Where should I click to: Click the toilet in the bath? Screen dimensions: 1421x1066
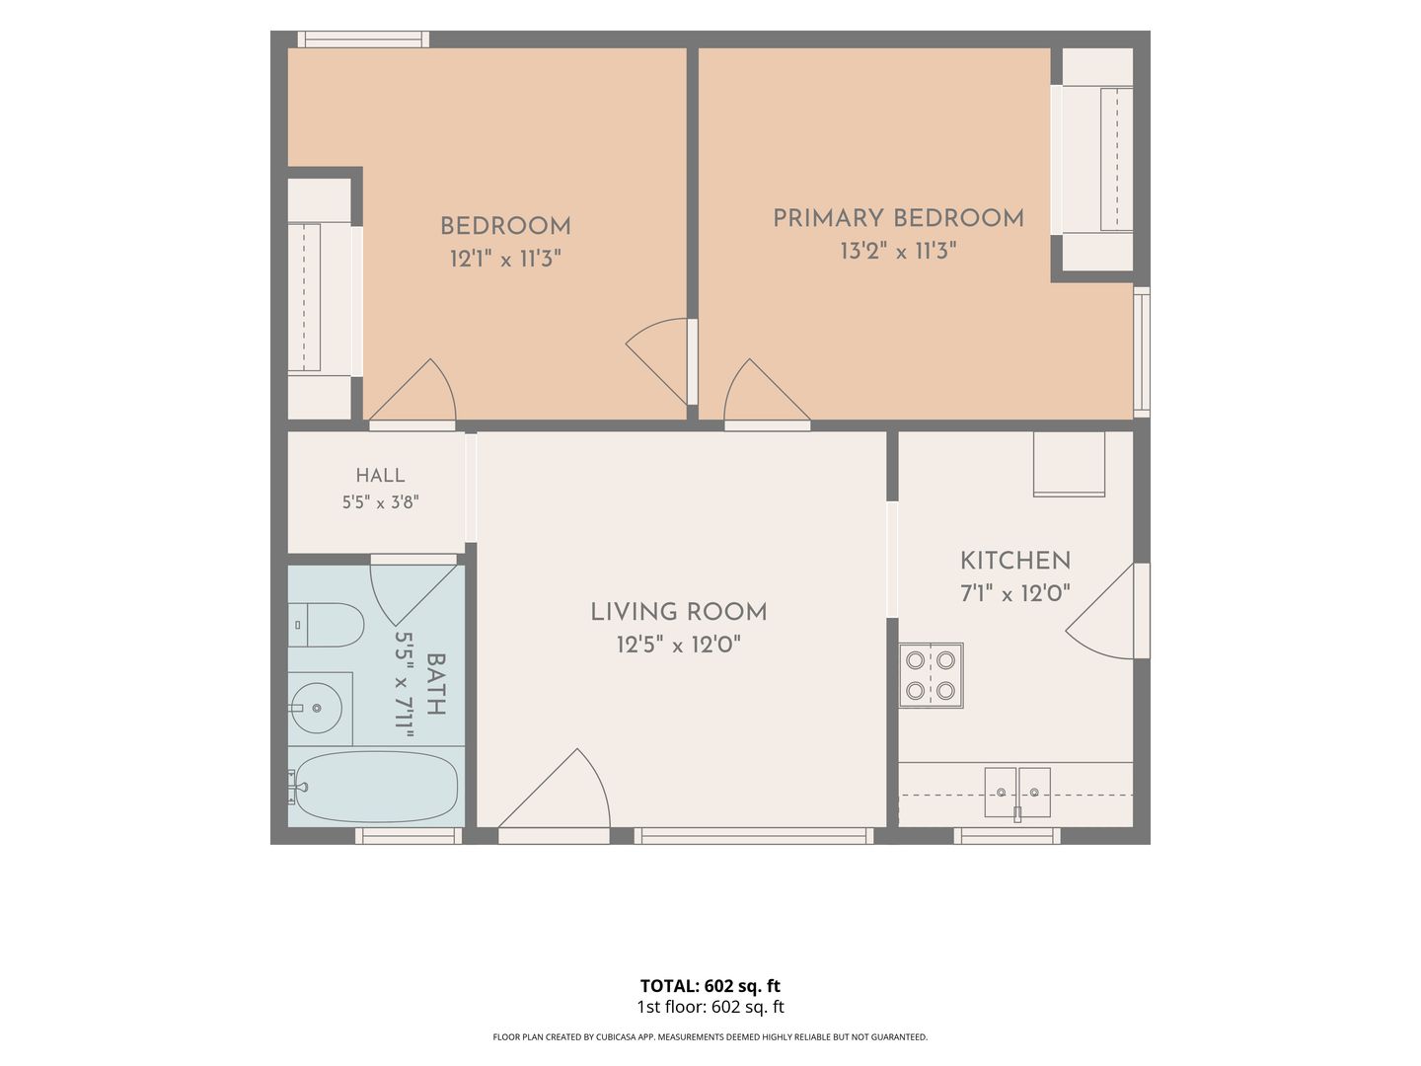(326, 625)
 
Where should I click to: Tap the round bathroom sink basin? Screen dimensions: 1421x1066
(316, 708)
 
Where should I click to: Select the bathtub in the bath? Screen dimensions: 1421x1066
(374, 787)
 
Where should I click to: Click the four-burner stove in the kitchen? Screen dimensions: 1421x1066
(931, 675)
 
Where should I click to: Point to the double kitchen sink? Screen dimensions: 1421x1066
(1017, 793)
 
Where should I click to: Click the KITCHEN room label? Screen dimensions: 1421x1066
(1015, 561)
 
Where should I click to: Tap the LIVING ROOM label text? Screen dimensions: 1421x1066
(679, 612)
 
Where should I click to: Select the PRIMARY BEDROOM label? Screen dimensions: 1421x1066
(899, 218)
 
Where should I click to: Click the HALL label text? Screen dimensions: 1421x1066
(380, 475)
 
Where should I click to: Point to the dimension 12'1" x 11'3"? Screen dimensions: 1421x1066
(505, 259)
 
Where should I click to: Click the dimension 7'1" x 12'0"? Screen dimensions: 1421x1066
(1015, 593)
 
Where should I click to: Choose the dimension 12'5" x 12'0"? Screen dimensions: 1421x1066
(679, 645)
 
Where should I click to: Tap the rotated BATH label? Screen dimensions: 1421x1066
(436, 684)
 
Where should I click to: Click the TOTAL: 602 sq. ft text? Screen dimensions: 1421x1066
(710, 986)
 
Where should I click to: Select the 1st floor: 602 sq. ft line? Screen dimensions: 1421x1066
(710, 1007)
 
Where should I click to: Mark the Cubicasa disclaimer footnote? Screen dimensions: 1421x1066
(710, 1036)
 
